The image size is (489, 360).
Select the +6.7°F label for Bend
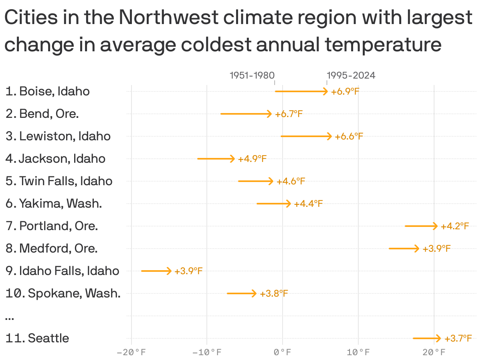coord(289,114)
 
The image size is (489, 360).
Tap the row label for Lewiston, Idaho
coord(58,136)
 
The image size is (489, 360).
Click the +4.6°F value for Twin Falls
coord(291,182)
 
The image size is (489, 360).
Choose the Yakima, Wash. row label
coord(54,204)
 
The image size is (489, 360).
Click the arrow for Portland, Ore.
coord(421,226)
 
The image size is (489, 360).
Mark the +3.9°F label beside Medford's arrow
coord(436,249)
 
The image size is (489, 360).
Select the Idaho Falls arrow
coord(156,271)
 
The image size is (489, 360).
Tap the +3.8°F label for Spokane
coord(274,294)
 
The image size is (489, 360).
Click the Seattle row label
coord(37,338)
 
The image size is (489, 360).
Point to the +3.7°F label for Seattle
coord(458,339)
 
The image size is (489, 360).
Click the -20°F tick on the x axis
coord(131,353)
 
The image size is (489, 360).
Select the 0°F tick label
coord(283,353)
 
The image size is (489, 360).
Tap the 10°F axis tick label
coord(358,353)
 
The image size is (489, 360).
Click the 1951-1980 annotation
coord(252,75)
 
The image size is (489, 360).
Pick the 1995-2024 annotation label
coord(351,75)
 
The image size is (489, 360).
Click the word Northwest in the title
coord(168,18)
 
